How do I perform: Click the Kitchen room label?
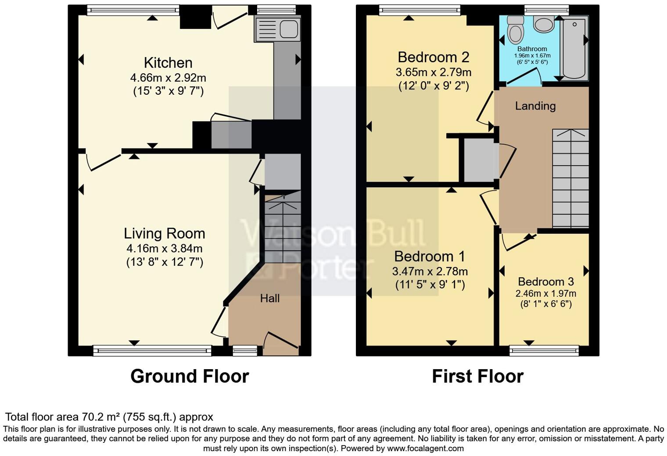click(x=168, y=63)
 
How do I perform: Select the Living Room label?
click(x=164, y=233)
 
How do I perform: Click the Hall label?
click(x=269, y=299)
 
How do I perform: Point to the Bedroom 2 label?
click(x=433, y=57)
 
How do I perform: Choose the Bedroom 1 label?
click(x=430, y=256)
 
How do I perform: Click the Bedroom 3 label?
click(x=545, y=281)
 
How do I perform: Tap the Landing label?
click(x=535, y=106)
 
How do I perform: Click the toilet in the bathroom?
click(x=515, y=28)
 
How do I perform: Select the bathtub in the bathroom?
click(x=574, y=47)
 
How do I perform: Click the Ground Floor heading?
click(x=190, y=376)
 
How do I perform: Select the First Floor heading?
click(x=477, y=376)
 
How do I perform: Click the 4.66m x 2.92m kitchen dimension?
click(x=168, y=78)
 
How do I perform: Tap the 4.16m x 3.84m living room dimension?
click(x=164, y=249)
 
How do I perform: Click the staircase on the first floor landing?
click(x=570, y=178)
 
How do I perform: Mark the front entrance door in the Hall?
click(x=281, y=343)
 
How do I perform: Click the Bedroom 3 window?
click(x=544, y=350)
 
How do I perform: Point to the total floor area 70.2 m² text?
click(x=109, y=417)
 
